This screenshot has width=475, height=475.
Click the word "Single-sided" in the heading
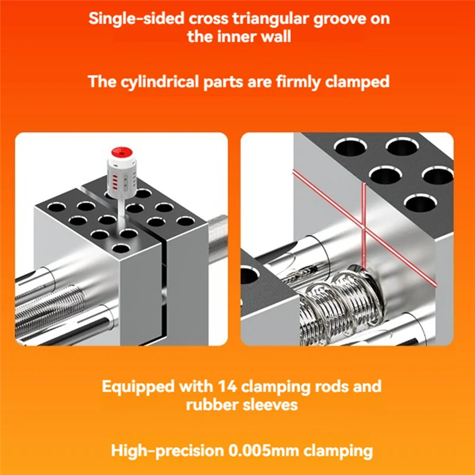click(137, 18)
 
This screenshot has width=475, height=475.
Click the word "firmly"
click(297, 83)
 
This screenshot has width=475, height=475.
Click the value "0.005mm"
click(264, 451)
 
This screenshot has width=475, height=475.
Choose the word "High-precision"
click(167, 451)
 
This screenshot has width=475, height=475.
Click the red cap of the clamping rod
click(122, 153)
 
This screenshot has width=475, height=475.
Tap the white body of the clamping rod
click(122, 177)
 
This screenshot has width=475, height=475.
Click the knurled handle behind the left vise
click(218, 239)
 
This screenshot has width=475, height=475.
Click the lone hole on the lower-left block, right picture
click(249, 275)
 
